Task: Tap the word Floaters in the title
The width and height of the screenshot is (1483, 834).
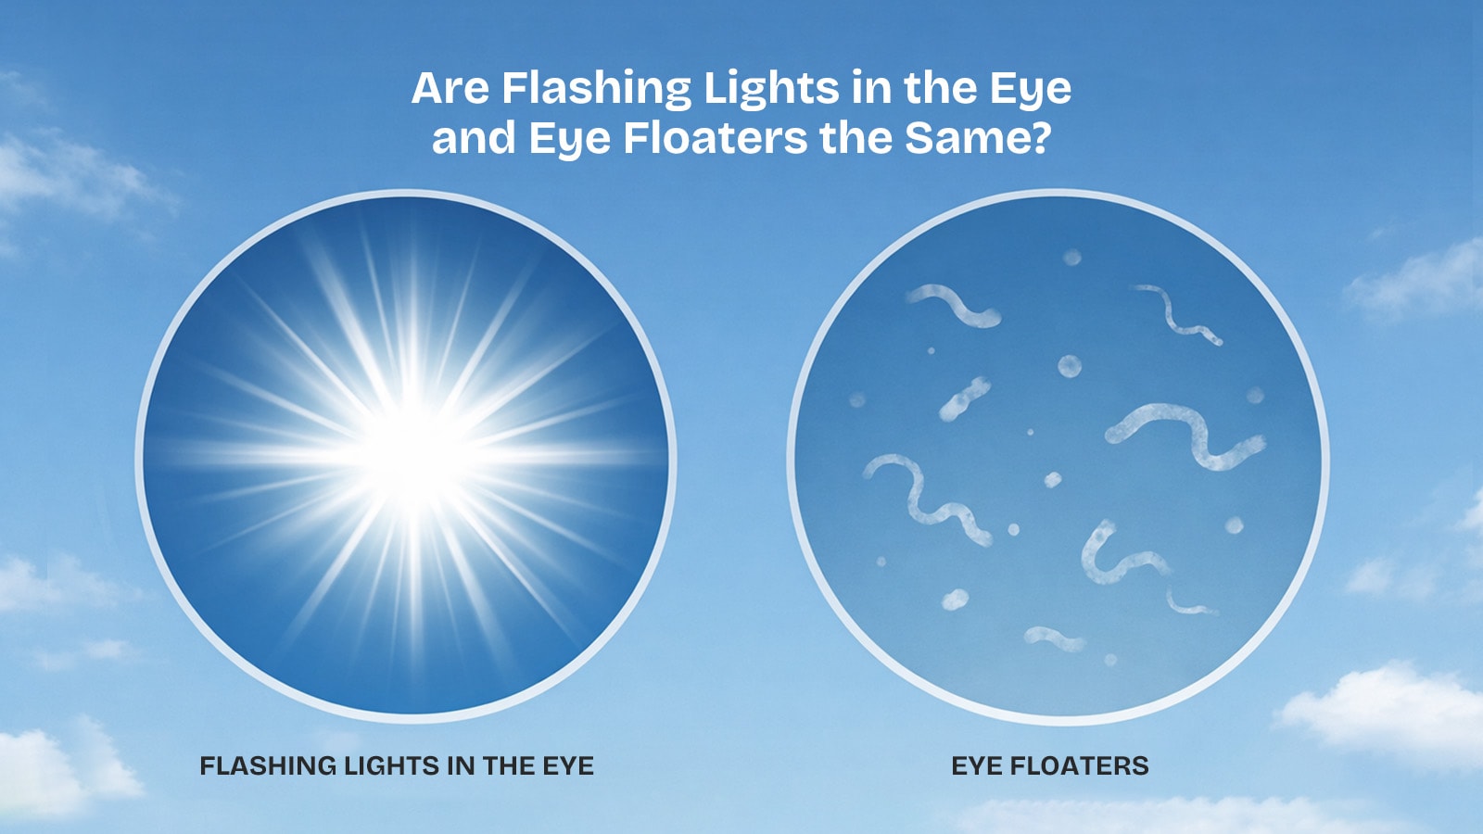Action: tap(716, 138)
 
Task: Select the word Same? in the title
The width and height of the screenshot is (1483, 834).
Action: tap(977, 138)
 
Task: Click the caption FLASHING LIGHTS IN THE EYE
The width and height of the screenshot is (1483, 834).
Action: tap(397, 766)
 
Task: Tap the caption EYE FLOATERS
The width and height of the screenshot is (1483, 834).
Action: tap(1049, 766)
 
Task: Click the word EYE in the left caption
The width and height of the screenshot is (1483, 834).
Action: tap(568, 766)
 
